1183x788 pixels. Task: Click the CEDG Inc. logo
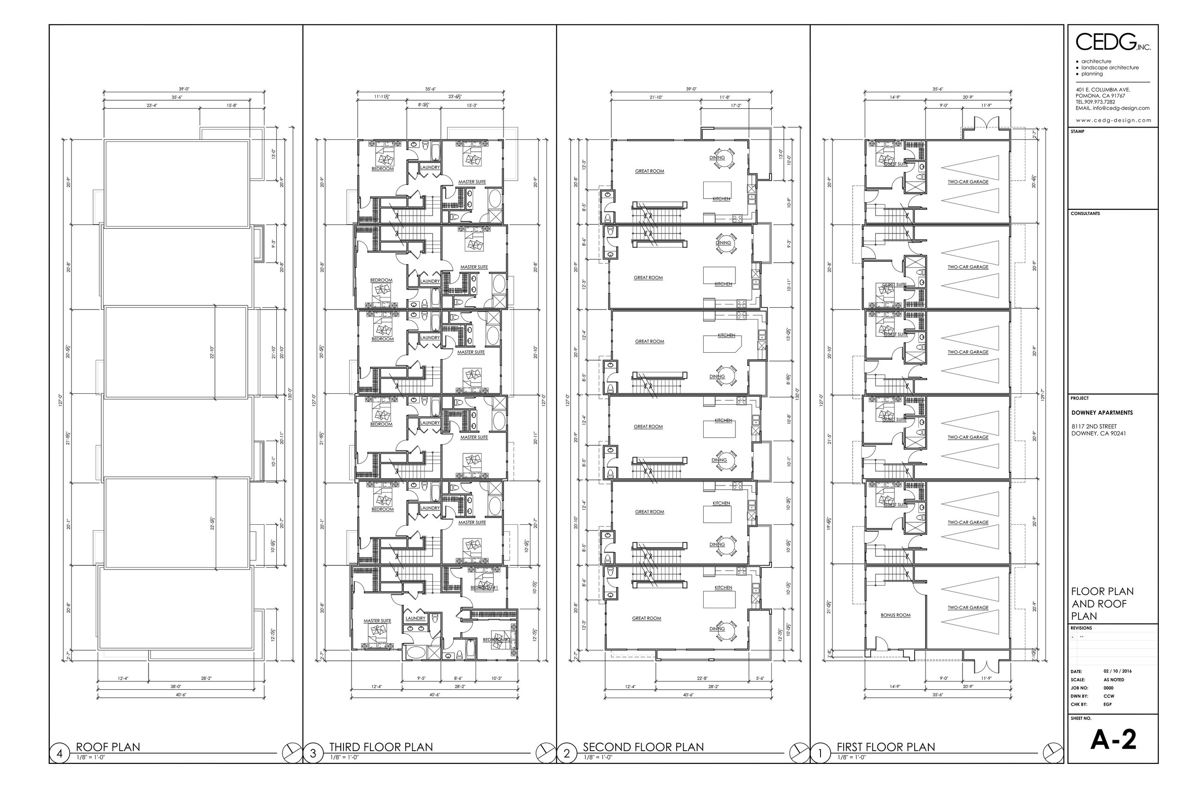pos(1112,42)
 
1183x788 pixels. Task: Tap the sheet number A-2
pos(1113,740)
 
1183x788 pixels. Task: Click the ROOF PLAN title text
pos(108,747)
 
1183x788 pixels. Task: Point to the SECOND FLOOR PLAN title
pos(643,747)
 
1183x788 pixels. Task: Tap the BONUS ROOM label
pos(895,615)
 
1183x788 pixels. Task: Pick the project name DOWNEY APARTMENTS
pos(1102,413)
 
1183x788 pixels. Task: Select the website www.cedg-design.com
pos(1113,120)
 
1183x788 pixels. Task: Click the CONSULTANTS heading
pos(1085,214)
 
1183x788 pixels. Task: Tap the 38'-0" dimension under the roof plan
pos(176,686)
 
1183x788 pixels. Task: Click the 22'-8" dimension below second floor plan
pos(702,678)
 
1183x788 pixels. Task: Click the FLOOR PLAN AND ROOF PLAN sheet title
pos(1103,604)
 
